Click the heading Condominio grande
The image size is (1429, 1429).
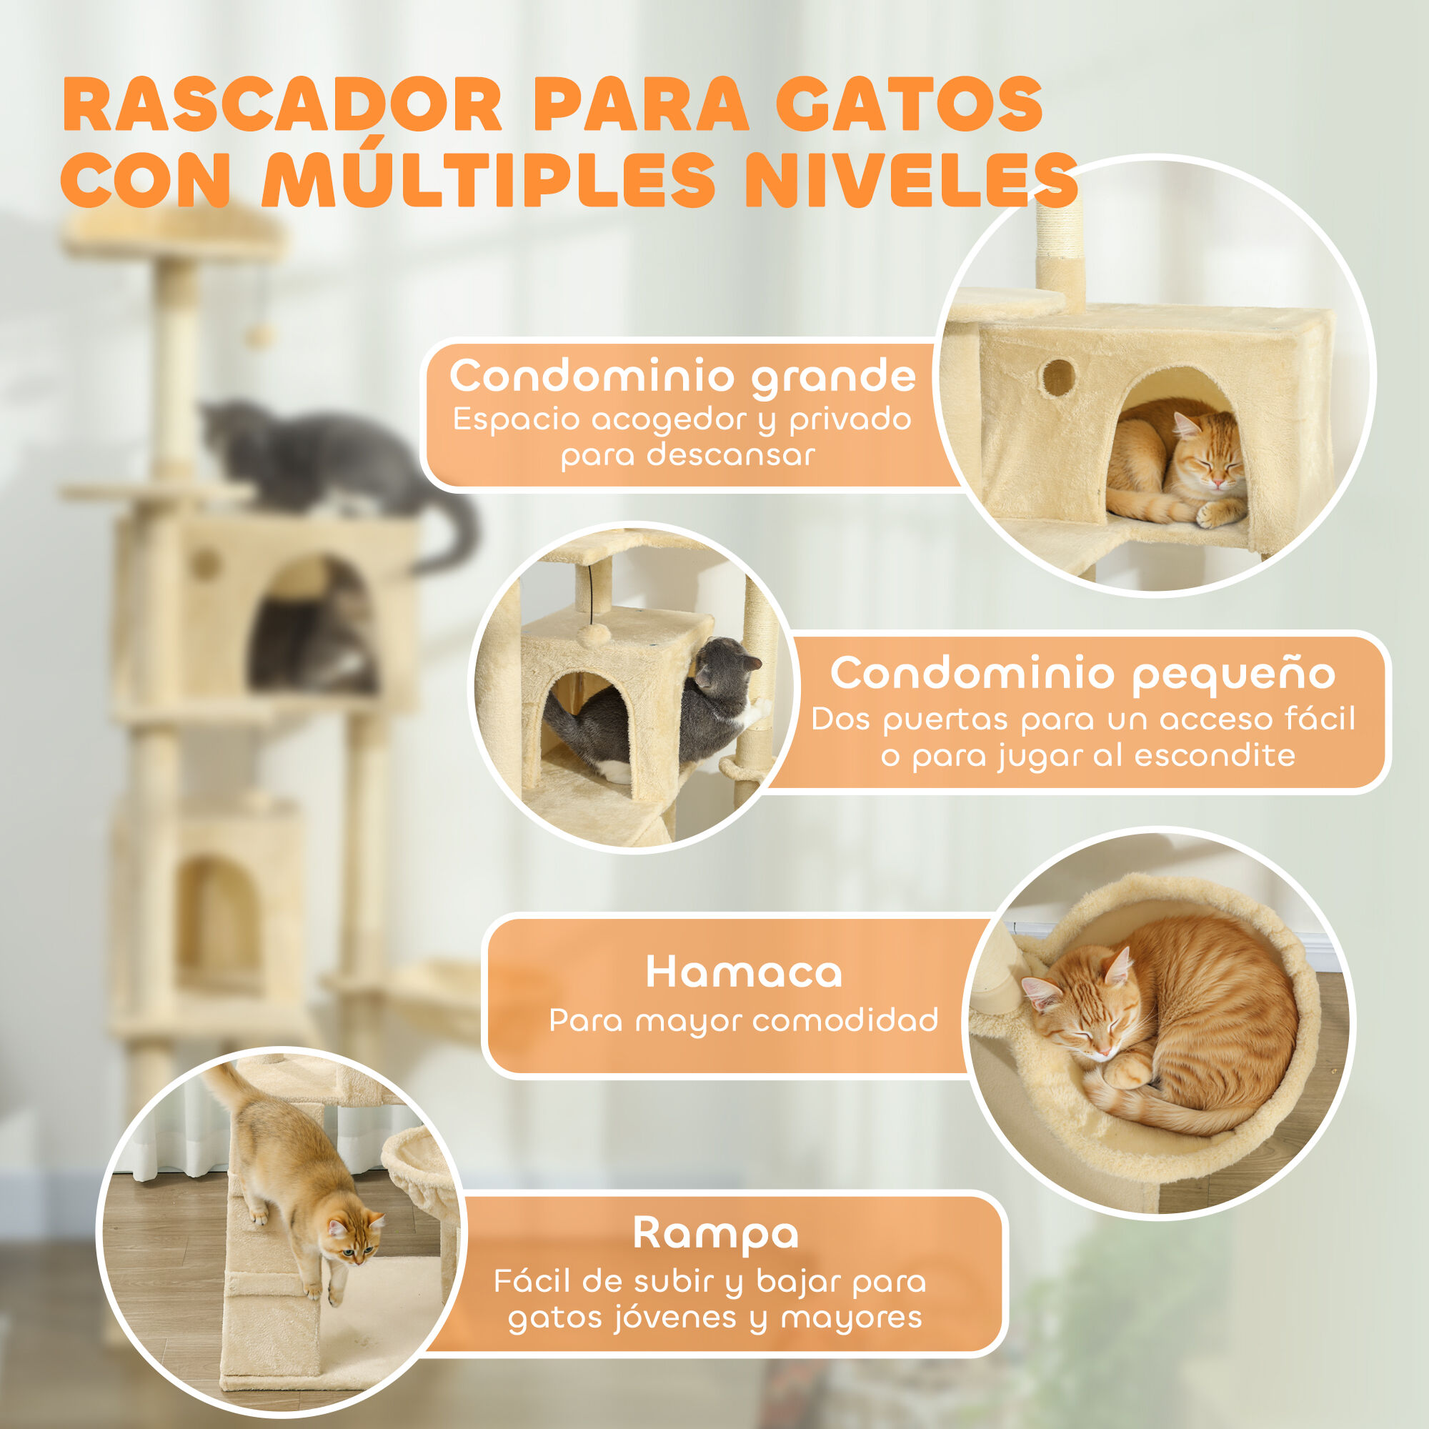point(682,377)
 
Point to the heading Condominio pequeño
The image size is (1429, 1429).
point(1083,674)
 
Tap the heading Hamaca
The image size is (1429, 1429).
point(743,972)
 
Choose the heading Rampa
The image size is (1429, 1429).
point(716,1233)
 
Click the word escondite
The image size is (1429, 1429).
point(1215,756)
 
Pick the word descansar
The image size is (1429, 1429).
point(731,455)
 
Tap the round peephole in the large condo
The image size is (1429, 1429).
point(1058,377)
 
